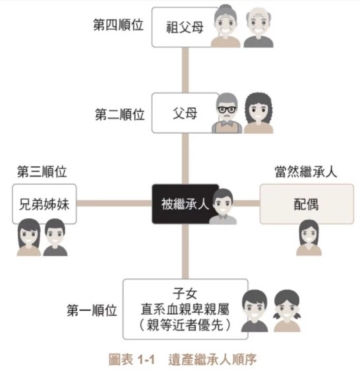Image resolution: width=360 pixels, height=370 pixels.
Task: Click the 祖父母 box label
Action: click(185, 27)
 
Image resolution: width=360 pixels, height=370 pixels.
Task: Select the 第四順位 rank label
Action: click(118, 25)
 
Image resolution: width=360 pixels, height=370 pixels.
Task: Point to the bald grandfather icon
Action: click(258, 28)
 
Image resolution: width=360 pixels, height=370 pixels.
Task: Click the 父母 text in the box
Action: click(185, 113)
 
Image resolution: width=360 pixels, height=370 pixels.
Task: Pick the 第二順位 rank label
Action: click(119, 115)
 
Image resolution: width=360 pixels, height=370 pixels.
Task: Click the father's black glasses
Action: click(227, 109)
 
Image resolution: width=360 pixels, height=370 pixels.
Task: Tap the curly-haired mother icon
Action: click(258, 113)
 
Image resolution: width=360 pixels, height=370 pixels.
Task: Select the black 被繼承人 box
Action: click(185, 204)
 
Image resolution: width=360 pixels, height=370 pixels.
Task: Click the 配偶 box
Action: click(307, 204)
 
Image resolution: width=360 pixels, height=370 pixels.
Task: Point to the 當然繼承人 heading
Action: click(306, 171)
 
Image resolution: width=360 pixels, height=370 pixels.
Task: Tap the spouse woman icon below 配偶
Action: click(309, 237)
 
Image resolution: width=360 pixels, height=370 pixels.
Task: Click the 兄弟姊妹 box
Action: click(44, 204)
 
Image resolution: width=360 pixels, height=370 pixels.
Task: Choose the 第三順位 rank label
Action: click(42, 171)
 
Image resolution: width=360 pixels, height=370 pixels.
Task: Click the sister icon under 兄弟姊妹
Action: click(29, 237)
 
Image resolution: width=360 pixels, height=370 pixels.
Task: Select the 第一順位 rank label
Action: click(92, 310)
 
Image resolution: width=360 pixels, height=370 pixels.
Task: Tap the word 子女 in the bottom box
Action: click(185, 294)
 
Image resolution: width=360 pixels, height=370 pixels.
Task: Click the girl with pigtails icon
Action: click(287, 311)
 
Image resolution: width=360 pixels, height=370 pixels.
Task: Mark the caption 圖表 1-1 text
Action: click(132, 359)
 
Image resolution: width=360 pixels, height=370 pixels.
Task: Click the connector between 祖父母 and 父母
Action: click(185, 70)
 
